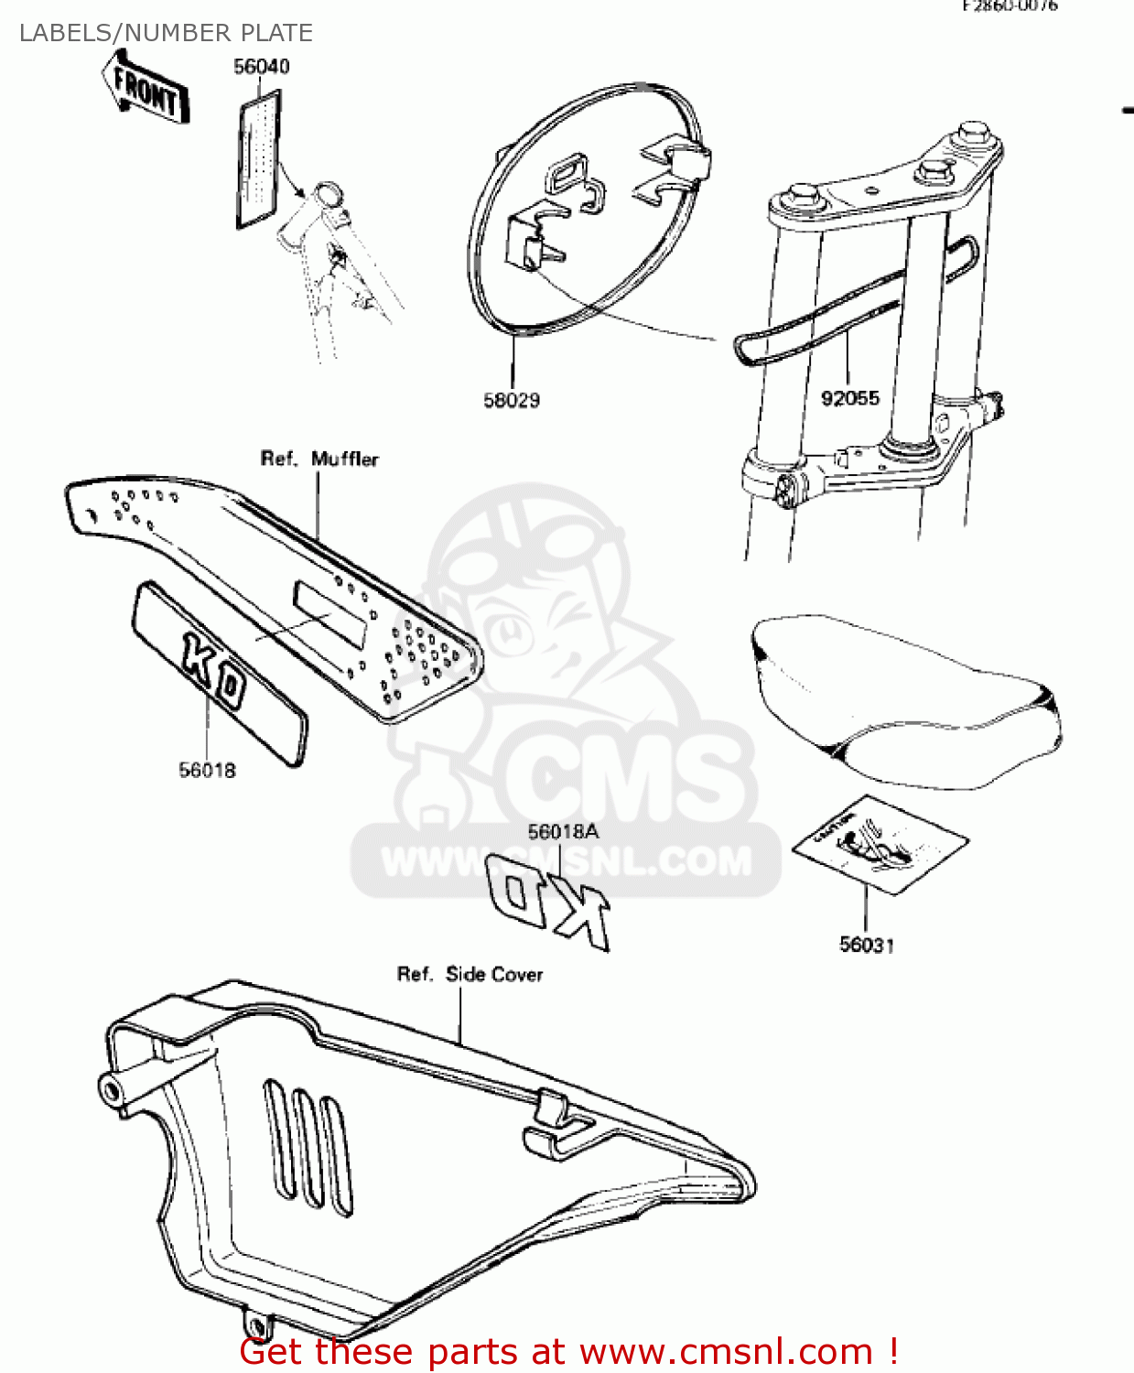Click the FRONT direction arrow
tap(146, 88)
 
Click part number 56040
tap(262, 66)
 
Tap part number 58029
tap(512, 400)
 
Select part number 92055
tap(850, 398)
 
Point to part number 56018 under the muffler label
tap(207, 770)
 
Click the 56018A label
tap(563, 831)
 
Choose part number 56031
tap(867, 944)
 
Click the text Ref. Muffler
tap(319, 459)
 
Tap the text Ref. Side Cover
tap(470, 974)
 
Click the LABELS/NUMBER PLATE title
tap(166, 33)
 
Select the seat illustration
tap(906, 700)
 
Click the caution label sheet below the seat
tap(879, 843)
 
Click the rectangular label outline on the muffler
tap(329, 614)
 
